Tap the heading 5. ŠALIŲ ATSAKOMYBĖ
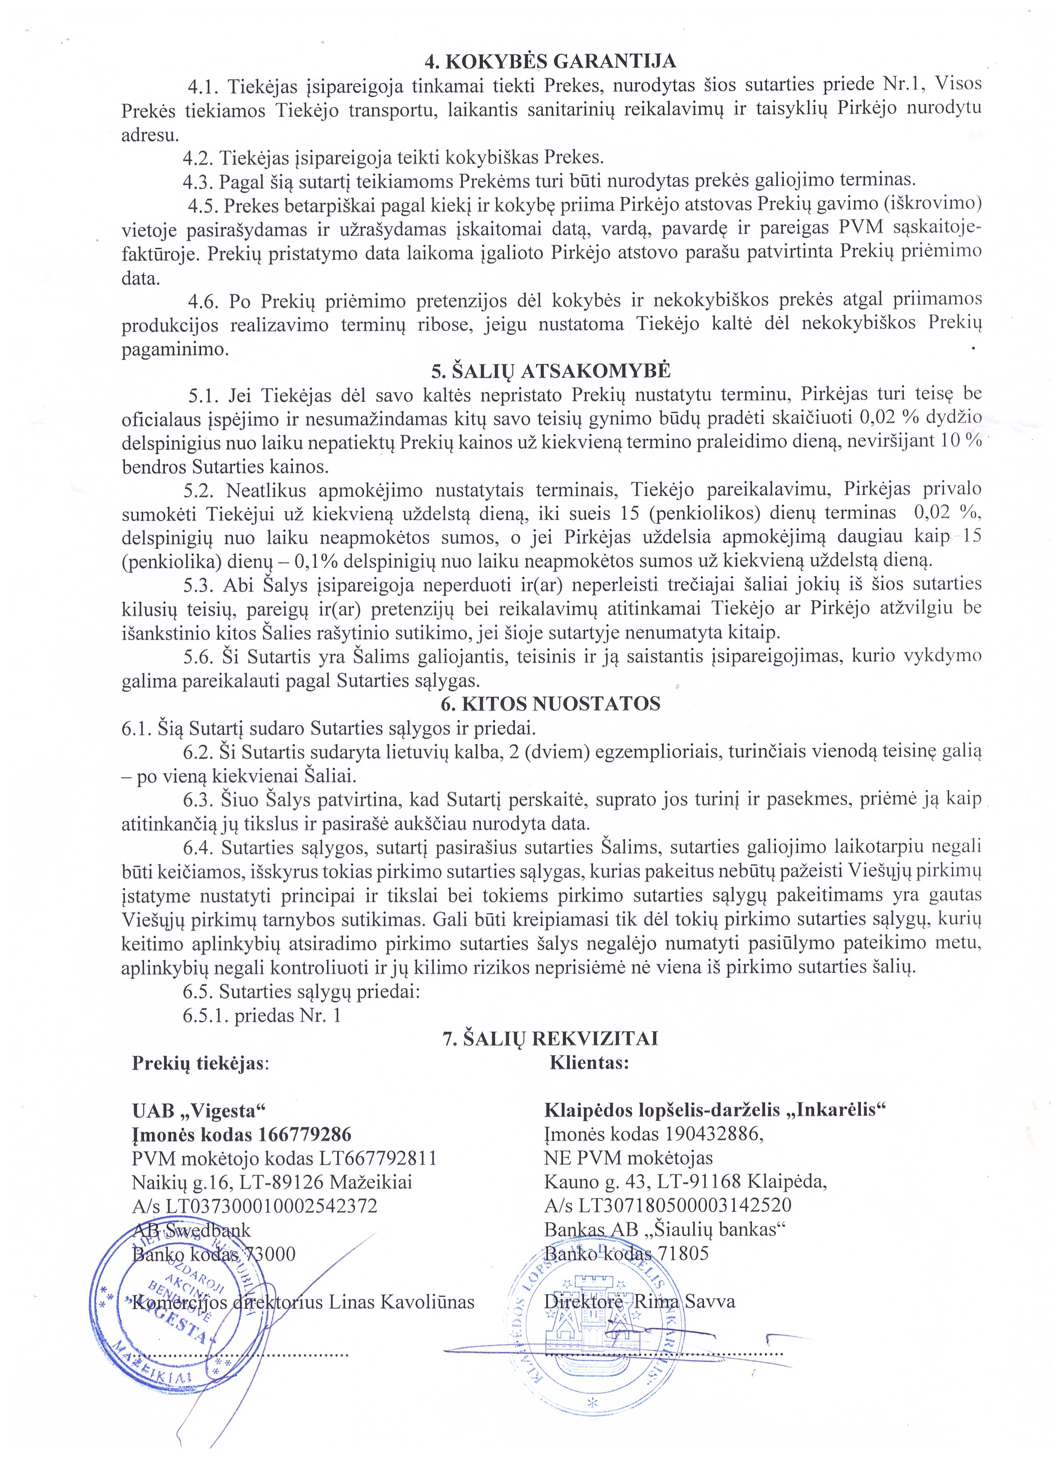(550, 372)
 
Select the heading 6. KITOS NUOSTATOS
(550, 703)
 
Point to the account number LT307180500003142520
(685, 1205)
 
